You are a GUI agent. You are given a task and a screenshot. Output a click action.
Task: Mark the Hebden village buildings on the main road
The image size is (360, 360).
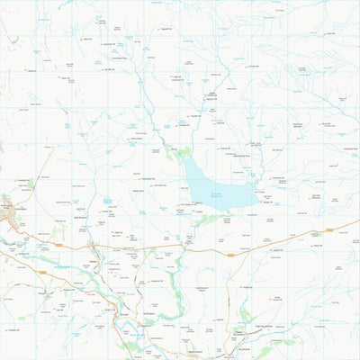(93, 246)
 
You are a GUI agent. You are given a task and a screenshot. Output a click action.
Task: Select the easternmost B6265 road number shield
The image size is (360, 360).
(328, 230)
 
